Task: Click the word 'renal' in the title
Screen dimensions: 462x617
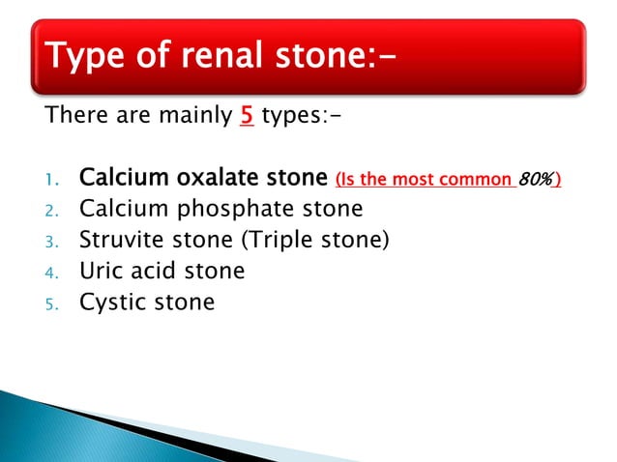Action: click(211, 58)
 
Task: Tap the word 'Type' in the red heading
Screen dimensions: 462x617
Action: click(80, 58)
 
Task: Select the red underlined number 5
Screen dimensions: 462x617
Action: click(248, 118)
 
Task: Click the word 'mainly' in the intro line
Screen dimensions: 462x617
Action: click(191, 118)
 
